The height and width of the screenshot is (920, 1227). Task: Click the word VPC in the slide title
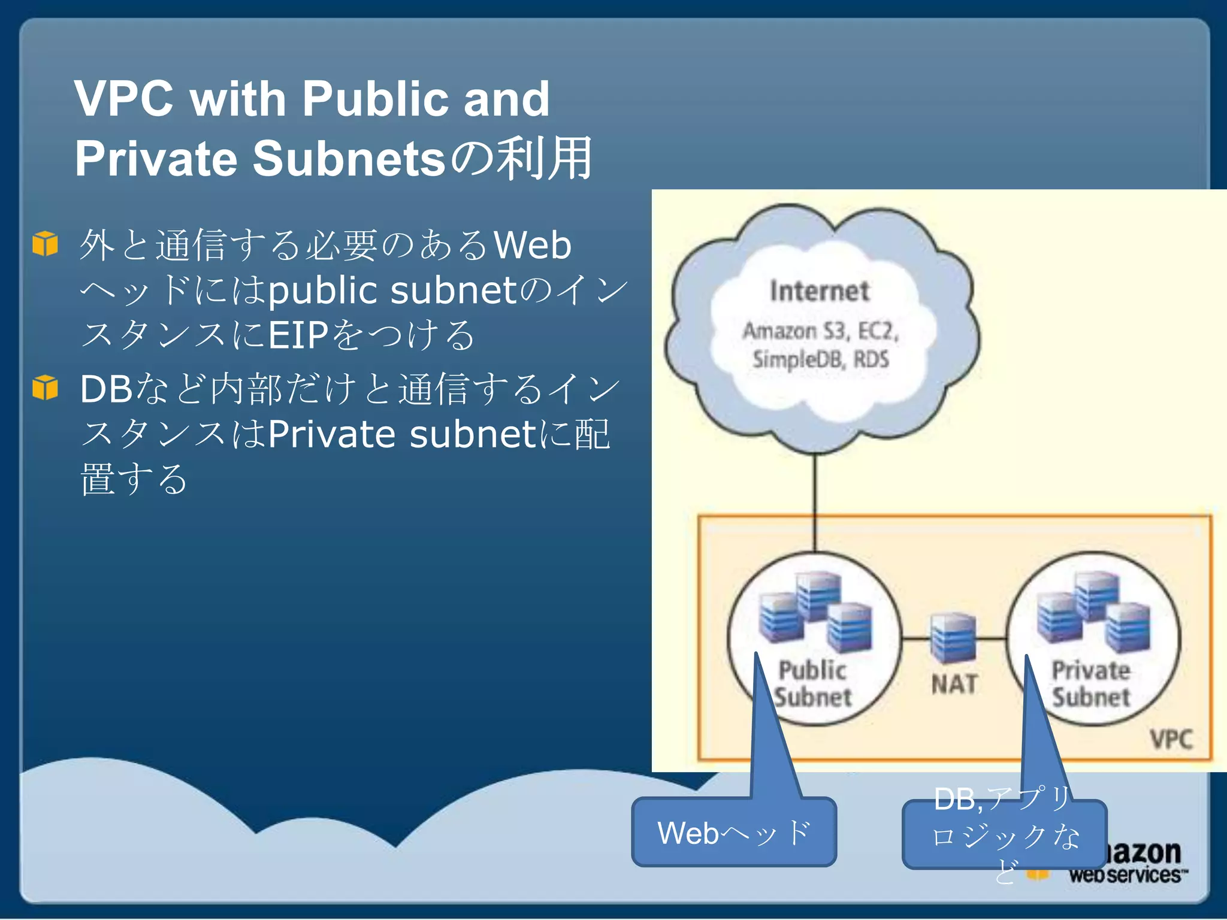124,99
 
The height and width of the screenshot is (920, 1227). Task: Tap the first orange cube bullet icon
46,244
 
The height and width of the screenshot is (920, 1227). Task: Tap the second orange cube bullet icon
46,388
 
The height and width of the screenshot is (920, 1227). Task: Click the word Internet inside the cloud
820,292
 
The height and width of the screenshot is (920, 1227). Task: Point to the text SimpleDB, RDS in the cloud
821,359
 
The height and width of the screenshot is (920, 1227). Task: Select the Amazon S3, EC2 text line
821,331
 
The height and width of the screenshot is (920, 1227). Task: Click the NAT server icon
953,638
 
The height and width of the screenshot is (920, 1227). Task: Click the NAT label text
954,684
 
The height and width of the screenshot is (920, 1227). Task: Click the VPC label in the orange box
1171,739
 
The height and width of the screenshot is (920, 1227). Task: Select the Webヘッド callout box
734,833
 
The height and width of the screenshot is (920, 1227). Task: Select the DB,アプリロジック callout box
1004,834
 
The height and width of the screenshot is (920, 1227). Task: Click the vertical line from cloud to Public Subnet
815,503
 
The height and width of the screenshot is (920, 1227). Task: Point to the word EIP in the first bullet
298,335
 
